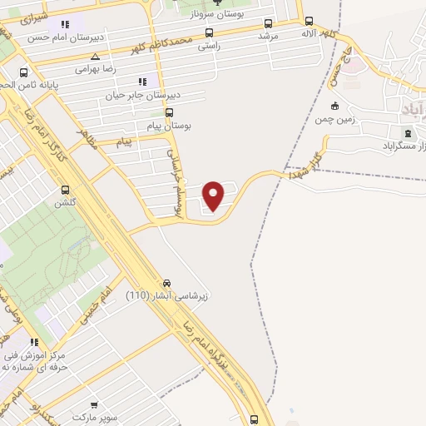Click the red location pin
(x=214, y=195)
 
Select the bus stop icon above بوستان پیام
(x=171, y=112)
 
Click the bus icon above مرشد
(x=268, y=24)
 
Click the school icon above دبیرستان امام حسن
(x=64, y=24)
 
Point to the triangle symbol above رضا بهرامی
(x=96, y=57)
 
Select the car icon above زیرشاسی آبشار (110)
(x=168, y=282)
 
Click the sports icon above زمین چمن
(x=334, y=106)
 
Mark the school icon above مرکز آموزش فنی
(x=34, y=342)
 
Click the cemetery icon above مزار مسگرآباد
(x=408, y=133)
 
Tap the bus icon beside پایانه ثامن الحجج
(x=25, y=72)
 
